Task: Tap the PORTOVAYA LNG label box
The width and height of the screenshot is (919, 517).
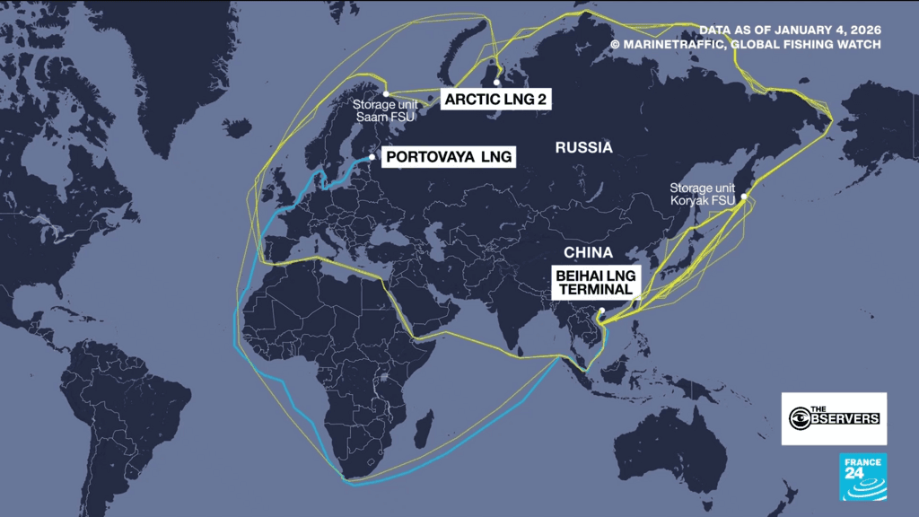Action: (x=450, y=157)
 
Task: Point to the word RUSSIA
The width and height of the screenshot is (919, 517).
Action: (x=583, y=148)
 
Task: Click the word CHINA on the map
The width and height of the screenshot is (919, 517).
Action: (x=588, y=252)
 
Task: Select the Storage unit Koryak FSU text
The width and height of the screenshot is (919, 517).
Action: (x=703, y=195)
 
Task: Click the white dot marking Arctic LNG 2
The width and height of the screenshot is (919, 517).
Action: (x=496, y=83)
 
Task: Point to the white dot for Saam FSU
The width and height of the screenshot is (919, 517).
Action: (x=385, y=93)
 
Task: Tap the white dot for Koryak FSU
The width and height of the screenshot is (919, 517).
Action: (x=742, y=195)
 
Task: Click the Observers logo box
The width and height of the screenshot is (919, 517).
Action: (x=834, y=418)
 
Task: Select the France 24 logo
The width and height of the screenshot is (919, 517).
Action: (x=862, y=477)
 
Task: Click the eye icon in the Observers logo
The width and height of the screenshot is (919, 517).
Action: (x=799, y=418)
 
